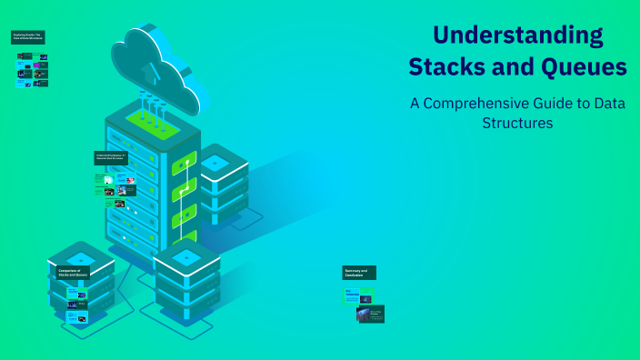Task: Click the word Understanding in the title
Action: pyautogui.click(x=517, y=35)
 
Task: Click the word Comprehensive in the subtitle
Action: pyautogui.click(x=482, y=103)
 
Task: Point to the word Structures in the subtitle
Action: pyautogui.click(x=517, y=123)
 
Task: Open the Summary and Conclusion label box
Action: pyautogui.click(x=359, y=272)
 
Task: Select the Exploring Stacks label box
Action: pyautogui.click(x=28, y=38)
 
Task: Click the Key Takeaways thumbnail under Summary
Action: pyautogui.click(x=358, y=295)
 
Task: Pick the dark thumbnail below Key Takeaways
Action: pyautogui.click(x=371, y=315)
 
